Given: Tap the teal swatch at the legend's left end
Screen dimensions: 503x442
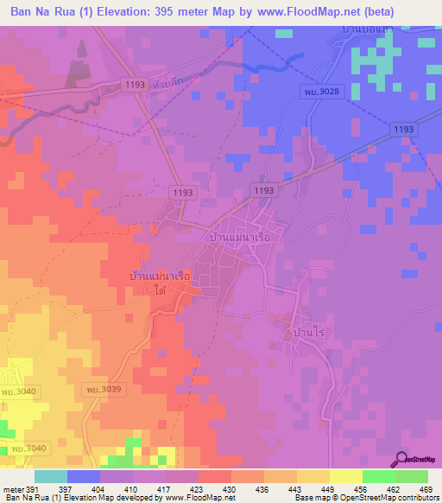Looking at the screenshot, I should click(51, 476).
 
